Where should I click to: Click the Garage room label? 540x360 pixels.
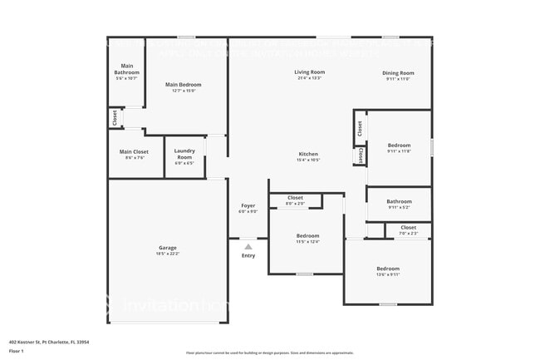tap(168, 248)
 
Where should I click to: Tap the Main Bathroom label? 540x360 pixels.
tap(127, 69)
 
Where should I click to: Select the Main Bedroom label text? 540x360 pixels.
tap(183, 85)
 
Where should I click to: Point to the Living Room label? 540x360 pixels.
tap(309, 72)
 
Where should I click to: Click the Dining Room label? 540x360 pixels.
tap(398, 73)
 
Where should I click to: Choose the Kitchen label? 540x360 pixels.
tap(308, 155)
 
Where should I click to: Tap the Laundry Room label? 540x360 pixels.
tap(184, 155)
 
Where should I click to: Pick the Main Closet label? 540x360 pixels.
tap(134, 152)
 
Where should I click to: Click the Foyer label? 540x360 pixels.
tap(248, 205)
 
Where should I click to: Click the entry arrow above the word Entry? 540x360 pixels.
tap(248, 246)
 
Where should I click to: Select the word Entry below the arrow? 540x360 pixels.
tap(248, 255)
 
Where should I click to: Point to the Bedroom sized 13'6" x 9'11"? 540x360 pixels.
tap(388, 269)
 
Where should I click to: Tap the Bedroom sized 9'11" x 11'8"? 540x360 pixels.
tap(399, 145)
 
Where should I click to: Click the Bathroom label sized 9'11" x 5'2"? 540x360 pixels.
tap(399, 201)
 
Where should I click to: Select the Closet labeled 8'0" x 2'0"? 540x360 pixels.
tap(295, 198)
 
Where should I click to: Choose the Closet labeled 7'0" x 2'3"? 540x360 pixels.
tap(408, 228)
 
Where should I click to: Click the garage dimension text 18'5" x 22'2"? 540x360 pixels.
tap(168, 254)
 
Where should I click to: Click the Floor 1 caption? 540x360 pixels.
tap(17, 352)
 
